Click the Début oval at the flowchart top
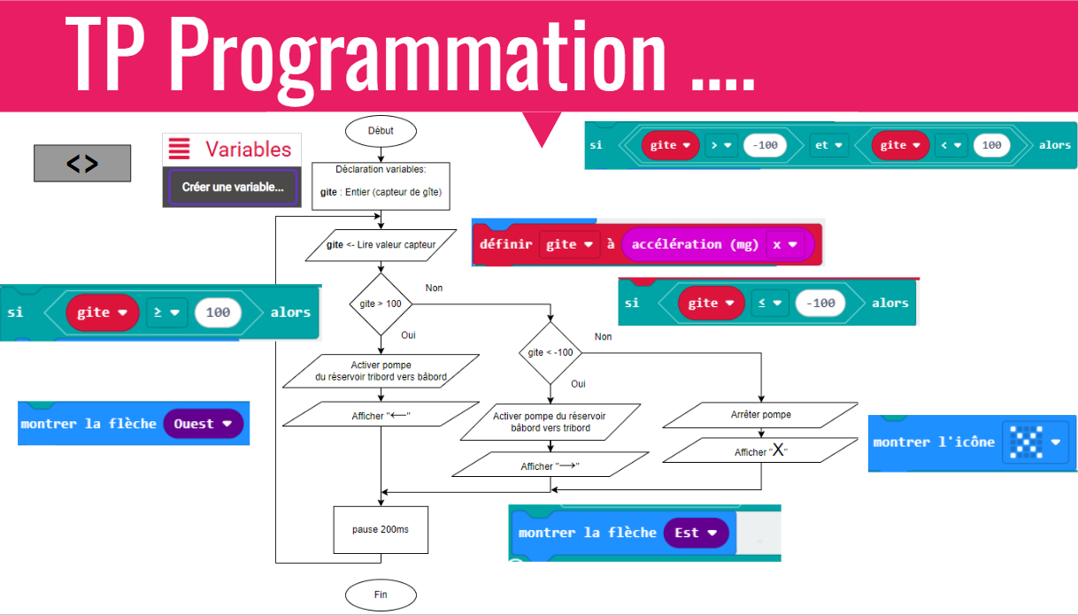pos(381,131)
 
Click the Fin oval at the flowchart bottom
pos(381,595)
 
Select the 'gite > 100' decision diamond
pos(381,304)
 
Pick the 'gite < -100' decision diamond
pos(551,352)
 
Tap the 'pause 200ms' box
pos(381,529)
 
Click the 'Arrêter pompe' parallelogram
pos(761,415)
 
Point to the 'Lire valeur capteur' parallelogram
pos(381,245)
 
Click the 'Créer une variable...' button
pos(233,188)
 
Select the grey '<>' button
pos(82,164)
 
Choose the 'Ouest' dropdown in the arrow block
pos(203,424)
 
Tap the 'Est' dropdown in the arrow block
pos(696,533)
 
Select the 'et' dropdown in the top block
pos(827,145)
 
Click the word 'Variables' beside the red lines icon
pos(249,150)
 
